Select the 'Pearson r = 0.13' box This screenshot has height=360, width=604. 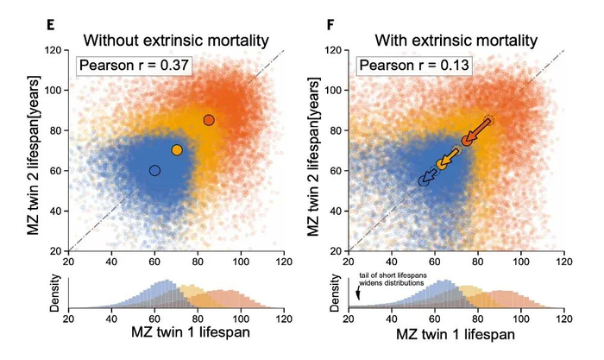[412, 65]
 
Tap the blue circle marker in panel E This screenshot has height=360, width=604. [154, 170]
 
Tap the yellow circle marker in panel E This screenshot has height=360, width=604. [177, 150]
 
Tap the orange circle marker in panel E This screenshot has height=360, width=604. [209, 120]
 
